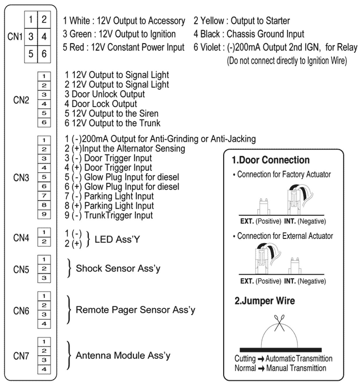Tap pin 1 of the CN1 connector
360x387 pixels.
coord(30,20)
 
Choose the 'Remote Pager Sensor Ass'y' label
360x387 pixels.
coord(135,310)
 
